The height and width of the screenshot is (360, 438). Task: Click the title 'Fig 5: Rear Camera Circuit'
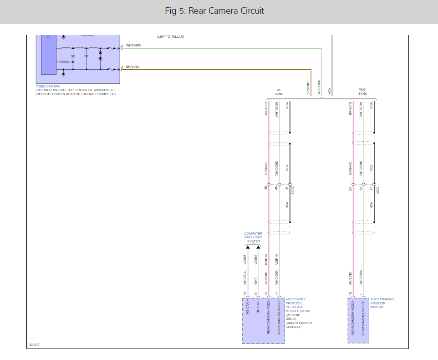pos(214,11)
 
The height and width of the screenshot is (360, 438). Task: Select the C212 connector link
pos(293,190)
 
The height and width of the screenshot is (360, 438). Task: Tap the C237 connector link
pos(377,190)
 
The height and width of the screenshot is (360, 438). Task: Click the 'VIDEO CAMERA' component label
pos(48,86)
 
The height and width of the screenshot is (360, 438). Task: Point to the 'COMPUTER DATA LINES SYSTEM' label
pos(253,237)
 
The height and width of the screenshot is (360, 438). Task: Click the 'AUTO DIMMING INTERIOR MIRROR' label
pos(382,303)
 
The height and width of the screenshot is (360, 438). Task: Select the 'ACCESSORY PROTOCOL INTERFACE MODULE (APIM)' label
pos(295,305)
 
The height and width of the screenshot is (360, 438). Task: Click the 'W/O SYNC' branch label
pos(362,92)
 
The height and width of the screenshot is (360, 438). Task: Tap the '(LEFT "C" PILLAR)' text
pos(170,36)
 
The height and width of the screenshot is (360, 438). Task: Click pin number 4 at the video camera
pos(122,46)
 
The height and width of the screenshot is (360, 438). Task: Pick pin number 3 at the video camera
pos(122,67)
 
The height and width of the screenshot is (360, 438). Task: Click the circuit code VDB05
pos(257,260)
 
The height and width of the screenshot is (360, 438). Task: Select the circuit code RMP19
pos(267,260)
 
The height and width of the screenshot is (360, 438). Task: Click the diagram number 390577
pos(34,345)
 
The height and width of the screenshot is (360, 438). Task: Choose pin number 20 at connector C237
pos(350,188)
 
